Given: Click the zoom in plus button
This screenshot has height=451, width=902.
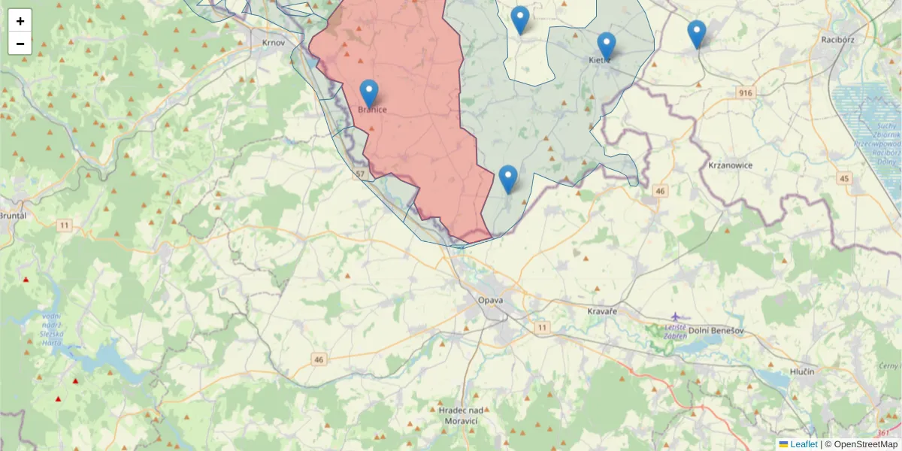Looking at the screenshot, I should (x=20, y=21).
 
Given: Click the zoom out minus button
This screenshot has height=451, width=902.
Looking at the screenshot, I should (x=20, y=44).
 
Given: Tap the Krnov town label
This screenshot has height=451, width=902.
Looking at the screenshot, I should (x=273, y=43).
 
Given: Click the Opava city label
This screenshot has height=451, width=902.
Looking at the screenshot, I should (x=490, y=301).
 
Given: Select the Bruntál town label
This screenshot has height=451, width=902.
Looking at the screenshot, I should (x=14, y=215).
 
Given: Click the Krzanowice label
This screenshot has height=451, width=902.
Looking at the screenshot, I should (x=730, y=165).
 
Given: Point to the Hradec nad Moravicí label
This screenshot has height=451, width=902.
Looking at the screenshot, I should (x=460, y=415).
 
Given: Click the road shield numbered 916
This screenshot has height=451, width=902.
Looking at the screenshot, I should (x=745, y=92).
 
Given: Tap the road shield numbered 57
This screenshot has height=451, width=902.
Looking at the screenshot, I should (x=362, y=174).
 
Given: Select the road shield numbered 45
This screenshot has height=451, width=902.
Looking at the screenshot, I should (x=845, y=178).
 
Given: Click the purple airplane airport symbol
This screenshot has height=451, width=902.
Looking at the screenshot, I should (x=675, y=316).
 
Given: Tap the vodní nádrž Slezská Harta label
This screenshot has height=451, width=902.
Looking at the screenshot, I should (x=53, y=328).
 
